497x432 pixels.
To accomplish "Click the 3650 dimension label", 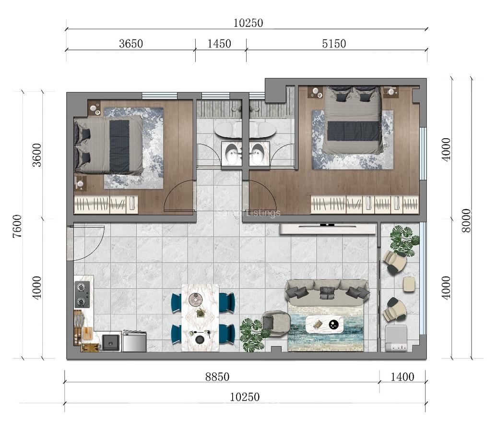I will [x=131, y=44].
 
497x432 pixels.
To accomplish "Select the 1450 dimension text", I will [x=219, y=44].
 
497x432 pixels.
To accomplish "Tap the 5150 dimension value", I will [x=334, y=44].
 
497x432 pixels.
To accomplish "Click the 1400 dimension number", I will [x=402, y=377].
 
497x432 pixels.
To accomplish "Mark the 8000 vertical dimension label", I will [x=466, y=220].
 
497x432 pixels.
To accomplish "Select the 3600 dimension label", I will [x=37, y=155].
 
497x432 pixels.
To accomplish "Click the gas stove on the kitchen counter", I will [x=83, y=295].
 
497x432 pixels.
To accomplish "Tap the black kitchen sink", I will [x=111, y=342].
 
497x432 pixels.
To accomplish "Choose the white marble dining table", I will [x=200, y=318].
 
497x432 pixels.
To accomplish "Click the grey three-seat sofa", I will [x=327, y=292].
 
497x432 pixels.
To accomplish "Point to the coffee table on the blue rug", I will [x=325, y=324].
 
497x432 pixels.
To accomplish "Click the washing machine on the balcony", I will [x=396, y=338].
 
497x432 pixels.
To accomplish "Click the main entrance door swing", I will [x=86, y=243].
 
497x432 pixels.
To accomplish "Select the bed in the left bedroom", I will [x=109, y=145].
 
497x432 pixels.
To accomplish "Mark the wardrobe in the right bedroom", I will [x=365, y=204].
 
